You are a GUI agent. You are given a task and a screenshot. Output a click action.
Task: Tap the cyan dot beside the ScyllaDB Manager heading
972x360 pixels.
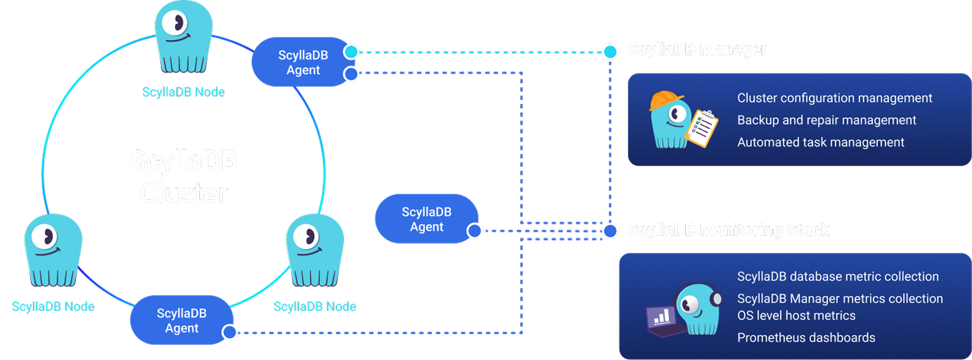point(611,51)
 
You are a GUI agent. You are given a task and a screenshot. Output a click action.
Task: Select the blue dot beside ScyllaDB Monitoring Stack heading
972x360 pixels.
point(611,231)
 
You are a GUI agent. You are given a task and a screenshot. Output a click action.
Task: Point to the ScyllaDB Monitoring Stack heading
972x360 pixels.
point(729,230)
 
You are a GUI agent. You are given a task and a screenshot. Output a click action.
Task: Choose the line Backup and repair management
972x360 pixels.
point(826,120)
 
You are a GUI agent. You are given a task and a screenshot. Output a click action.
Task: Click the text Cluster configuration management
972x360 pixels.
point(834,98)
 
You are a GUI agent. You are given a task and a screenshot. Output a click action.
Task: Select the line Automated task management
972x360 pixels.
point(821,143)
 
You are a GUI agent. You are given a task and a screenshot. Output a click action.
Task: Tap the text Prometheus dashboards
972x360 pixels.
point(806,338)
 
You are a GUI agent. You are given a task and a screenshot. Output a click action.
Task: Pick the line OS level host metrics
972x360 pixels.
point(796,316)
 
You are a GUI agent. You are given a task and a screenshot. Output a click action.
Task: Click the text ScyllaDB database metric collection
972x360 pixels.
point(837,277)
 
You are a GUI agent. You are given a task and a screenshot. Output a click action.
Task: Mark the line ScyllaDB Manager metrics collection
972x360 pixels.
point(840,299)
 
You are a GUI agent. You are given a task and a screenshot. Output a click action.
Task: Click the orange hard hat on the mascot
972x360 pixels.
point(665,100)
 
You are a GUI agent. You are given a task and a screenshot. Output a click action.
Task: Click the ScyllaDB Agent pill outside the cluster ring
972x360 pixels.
point(426,219)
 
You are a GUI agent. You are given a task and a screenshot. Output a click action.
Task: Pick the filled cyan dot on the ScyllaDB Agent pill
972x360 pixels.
point(351,52)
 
